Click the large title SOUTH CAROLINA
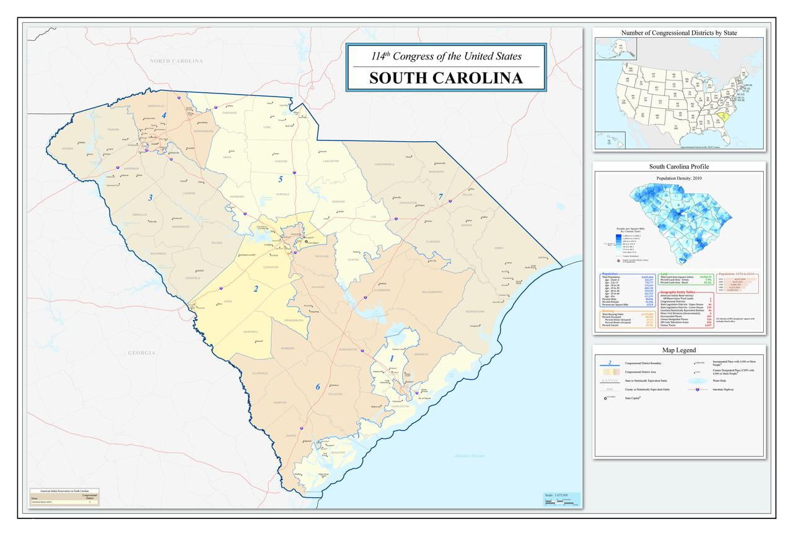(445, 78)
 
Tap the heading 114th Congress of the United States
(445, 56)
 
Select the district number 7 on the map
(440, 197)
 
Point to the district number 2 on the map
(255, 289)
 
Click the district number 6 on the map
(318, 387)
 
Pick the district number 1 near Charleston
(391, 359)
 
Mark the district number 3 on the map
(150, 198)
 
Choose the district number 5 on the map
(280, 180)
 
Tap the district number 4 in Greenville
(164, 115)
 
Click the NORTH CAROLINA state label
(176, 61)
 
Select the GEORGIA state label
(141, 353)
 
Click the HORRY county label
(515, 248)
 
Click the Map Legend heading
(678, 350)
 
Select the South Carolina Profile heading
(678, 167)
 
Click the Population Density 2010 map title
(678, 178)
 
